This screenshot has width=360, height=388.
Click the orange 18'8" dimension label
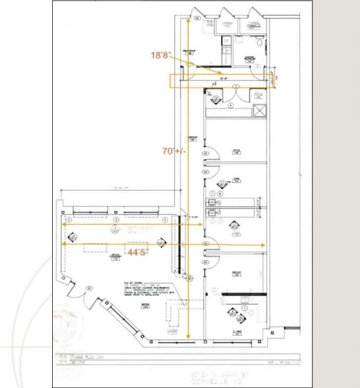(161, 56)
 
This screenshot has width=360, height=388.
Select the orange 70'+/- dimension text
(173, 150)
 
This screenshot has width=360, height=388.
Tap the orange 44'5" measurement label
(138, 251)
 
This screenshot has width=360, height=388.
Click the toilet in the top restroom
(261, 43)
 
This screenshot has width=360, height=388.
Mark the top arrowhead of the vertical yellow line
(191, 20)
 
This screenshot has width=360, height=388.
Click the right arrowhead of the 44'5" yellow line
(263, 245)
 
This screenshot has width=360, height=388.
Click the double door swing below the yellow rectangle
(231, 96)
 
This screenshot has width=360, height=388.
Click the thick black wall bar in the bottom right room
(237, 293)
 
